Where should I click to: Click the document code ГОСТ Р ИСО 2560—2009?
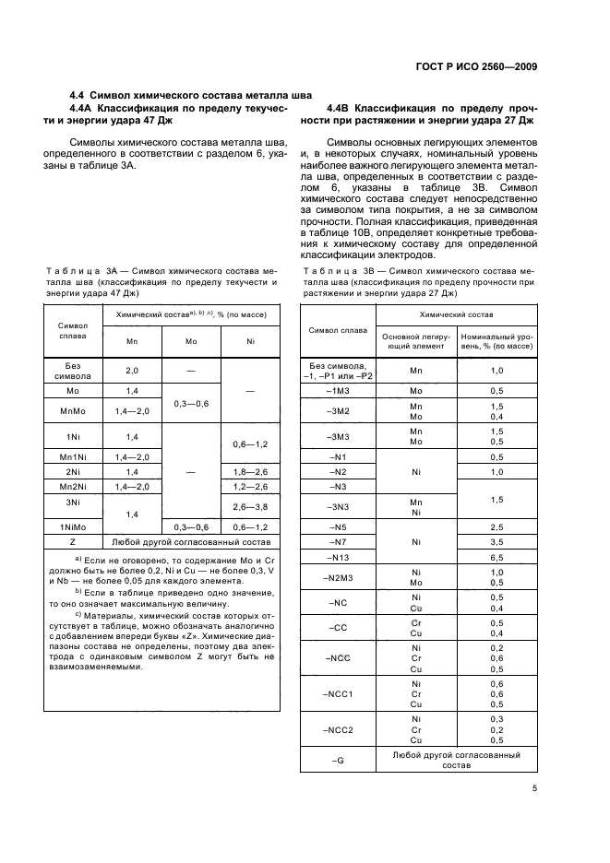(x=483, y=65)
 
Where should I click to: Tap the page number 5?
(x=534, y=788)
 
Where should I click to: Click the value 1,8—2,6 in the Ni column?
(x=250, y=470)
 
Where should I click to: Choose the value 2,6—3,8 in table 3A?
(x=250, y=506)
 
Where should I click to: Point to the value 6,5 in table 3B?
(x=496, y=558)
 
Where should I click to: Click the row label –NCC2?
(x=339, y=729)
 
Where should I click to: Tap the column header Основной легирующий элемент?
(x=416, y=342)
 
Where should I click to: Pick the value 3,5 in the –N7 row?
(x=496, y=542)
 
